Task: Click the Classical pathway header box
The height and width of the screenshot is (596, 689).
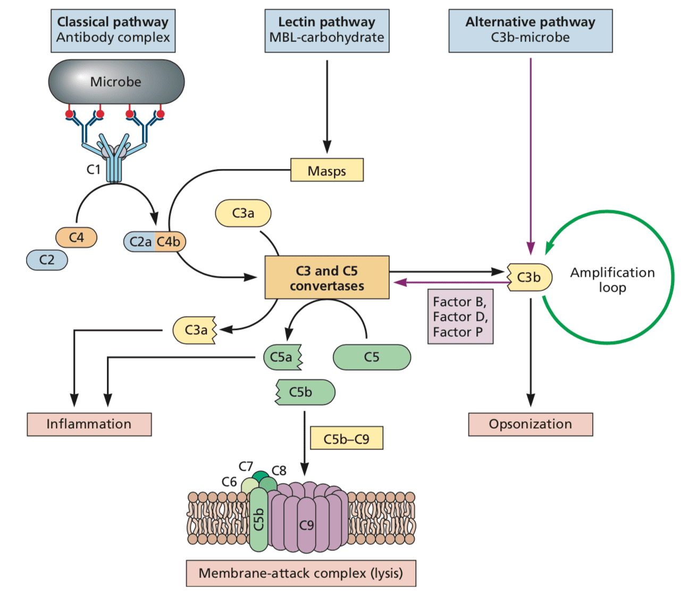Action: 113,31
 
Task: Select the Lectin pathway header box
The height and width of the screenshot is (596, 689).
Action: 327,31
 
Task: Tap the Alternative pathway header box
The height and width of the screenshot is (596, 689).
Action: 531,31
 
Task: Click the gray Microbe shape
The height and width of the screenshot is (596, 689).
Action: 116,82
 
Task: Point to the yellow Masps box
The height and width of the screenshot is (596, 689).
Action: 327,170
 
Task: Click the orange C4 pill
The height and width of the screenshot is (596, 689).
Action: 77,237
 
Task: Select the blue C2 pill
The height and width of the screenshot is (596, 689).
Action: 47,260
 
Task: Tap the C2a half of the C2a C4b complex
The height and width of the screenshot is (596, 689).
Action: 139,242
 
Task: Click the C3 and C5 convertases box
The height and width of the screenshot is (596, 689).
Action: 327,277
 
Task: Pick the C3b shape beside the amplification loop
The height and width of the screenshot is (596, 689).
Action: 530,277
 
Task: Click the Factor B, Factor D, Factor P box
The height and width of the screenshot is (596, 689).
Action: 460,317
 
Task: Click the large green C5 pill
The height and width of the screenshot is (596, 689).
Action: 372,357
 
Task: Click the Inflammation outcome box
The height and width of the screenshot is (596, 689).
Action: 89,424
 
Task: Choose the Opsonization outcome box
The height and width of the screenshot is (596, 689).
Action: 531,424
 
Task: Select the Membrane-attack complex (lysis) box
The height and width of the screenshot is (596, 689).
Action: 301,573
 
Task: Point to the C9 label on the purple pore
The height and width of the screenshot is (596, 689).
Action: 306,525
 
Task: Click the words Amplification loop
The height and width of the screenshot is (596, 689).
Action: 612,280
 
